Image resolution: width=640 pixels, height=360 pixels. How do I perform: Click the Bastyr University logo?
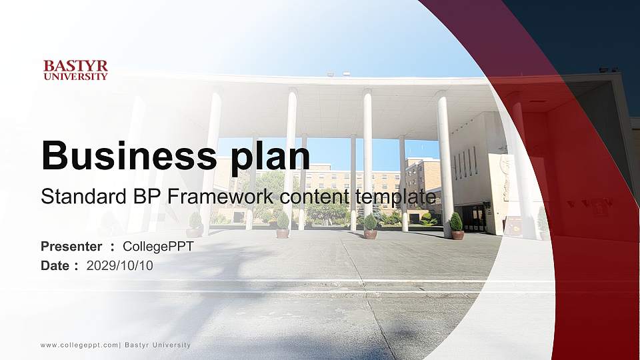[x=75, y=70]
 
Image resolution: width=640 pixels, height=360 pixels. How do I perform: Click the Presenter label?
[x=71, y=247]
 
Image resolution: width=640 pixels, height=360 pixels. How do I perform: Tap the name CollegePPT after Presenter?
[x=158, y=247]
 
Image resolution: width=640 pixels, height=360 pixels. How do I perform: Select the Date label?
[x=55, y=266]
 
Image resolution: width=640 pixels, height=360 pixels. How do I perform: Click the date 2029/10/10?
[x=120, y=266]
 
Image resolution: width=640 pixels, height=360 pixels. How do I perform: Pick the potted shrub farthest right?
[x=457, y=225]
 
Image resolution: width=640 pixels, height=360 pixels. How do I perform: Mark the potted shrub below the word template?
[x=370, y=225]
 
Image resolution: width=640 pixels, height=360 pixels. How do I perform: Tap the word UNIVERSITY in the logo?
[x=75, y=77]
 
